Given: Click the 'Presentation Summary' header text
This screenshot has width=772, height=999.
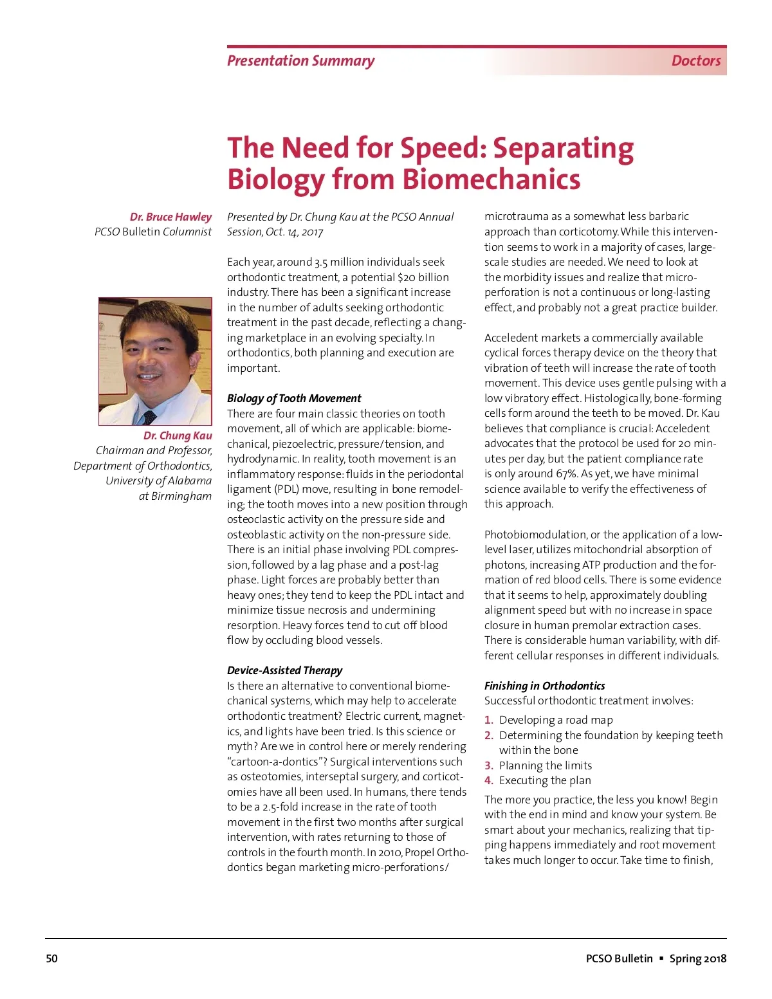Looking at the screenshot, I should click(300, 61).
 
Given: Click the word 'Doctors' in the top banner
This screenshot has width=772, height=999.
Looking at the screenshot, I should click(695, 61).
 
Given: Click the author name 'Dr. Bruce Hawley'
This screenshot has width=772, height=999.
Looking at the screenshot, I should click(170, 217).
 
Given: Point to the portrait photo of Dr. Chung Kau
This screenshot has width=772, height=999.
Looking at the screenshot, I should click(155, 361).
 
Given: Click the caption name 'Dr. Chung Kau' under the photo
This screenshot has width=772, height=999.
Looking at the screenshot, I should click(178, 435).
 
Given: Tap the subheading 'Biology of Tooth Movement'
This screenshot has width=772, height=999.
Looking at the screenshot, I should click(294, 398).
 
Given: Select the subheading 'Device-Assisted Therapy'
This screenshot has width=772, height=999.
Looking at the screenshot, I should click(284, 670).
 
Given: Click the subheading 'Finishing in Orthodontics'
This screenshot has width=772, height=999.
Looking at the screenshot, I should click(544, 686).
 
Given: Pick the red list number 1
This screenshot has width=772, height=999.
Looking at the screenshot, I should click(488, 720).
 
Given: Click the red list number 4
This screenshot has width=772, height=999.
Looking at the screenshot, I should click(488, 780).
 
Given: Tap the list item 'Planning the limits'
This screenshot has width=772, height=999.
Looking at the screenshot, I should click(546, 765).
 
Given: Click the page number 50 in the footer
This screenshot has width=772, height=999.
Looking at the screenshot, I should click(51, 958).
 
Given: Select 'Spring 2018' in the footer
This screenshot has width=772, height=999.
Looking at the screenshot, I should click(698, 958).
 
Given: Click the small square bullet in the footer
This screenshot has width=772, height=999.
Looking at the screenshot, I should click(661, 958).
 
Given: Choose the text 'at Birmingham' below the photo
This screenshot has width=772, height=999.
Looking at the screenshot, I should click(175, 496).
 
